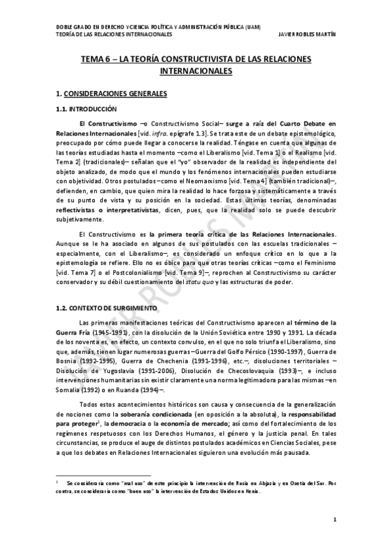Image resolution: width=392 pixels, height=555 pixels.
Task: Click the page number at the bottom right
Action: pyautogui.click(x=334, y=520)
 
